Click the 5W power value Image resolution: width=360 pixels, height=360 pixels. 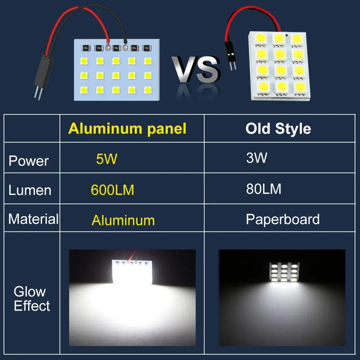click(x=107, y=159)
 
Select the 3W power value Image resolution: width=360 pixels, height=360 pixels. click(x=257, y=158)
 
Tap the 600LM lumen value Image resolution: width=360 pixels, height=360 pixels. click(x=112, y=190)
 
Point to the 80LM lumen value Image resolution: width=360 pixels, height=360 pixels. click(x=264, y=189)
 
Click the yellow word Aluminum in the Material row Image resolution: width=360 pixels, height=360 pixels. click(x=123, y=220)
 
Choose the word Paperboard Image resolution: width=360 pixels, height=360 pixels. click(x=283, y=219)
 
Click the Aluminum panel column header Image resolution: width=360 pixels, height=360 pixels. click(x=127, y=129)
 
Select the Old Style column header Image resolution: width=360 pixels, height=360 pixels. click(x=278, y=129)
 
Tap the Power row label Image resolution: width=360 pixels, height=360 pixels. click(x=28, y=161)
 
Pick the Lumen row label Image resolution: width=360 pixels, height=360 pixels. click(x=30, y=190)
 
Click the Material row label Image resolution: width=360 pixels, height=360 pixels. click(x=33, y=219)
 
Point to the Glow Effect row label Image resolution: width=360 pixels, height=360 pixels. click(x=32, y=299)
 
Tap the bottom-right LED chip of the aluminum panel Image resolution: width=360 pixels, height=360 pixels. click(x=148, y=89)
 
